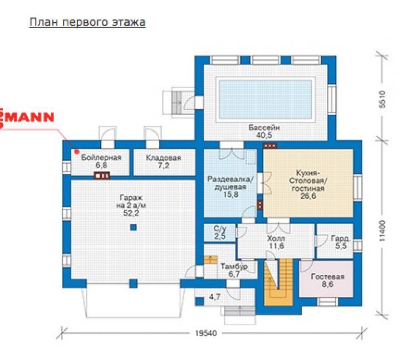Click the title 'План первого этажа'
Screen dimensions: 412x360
pos(87,22)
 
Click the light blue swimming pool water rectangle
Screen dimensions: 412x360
pos(266,100)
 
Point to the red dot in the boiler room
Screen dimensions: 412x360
pos(77,152)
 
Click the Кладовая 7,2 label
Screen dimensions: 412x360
pos(164,162)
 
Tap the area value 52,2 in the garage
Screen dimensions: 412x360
pos(131,213)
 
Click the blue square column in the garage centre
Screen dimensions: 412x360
pos(134,227)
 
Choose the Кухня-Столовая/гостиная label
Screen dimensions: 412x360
pos(308,184)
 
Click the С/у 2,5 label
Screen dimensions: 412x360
pos(220,232)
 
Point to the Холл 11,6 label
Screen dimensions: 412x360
pos(276,242)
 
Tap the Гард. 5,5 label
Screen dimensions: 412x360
pos(341,242)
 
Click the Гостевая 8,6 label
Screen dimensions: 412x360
pos(327,280)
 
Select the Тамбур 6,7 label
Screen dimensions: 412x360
pos(234,270)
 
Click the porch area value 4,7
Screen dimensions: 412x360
pos(215,297)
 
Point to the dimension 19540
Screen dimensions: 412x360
pos(206,333)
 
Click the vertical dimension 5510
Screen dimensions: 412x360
pos(382,99)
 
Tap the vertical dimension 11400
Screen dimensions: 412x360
pos(382,231)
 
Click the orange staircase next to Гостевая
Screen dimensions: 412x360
pos(278,282)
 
